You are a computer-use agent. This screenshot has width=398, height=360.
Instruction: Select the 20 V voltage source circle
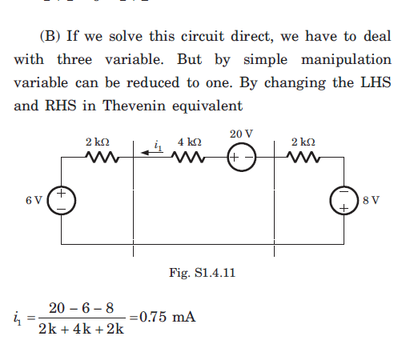pyautogui.click(x=242, y=143)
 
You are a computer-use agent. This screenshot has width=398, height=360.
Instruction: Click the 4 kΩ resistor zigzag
pyautogui.click(x=188, y=157)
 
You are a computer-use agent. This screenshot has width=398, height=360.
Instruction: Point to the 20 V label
pyautogui.click(x=241, y=134)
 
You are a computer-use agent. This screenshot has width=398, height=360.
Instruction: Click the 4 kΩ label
pyautogui.click(x=190, y=142)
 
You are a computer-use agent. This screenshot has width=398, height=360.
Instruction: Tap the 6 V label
pyautogui.click(x=34, y=200)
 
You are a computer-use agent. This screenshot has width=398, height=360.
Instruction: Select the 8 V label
pyautogui.click(x=371, y=200)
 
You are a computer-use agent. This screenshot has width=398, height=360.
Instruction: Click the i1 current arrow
pyautogui.click(x=151, y=152)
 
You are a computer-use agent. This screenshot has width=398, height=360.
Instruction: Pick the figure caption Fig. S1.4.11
pyautogui.click(x=202, y=273)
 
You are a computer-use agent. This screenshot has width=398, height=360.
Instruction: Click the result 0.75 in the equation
pyautogui.click(x=153, y=317)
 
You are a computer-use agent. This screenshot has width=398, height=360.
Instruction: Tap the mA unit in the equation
pyautogui.click(x=184, y=317)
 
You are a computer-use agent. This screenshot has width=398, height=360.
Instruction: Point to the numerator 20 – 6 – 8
pyautogui.click(x=81, y=308)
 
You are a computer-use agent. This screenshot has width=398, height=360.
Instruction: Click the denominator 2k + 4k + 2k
pyautogui.click(x=81, y=329)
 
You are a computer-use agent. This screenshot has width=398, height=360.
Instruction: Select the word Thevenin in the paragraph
pyautogui.click(x=135, y=106)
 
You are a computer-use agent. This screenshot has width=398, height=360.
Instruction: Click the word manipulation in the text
pyautogui.click(x=346, y=59)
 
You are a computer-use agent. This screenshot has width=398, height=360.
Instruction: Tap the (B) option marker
pyautogui.click(x=50, y=36)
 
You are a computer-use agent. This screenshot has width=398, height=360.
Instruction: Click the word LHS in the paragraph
pyautogui.click(x=376, y=82)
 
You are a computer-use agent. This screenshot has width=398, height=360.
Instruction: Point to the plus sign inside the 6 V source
pyautogui.click(x=61, y=193)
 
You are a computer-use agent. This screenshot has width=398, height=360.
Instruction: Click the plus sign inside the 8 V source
pyautogui.click(x=344, y=208)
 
